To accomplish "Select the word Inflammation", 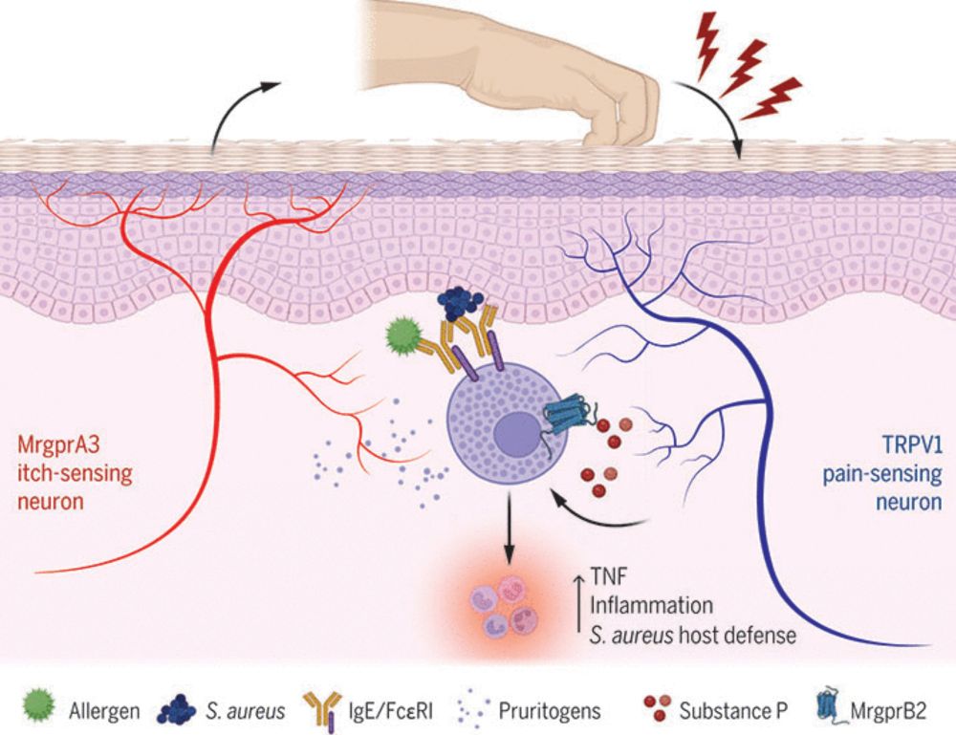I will coord(651,605).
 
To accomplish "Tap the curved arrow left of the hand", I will coord(241,110).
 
